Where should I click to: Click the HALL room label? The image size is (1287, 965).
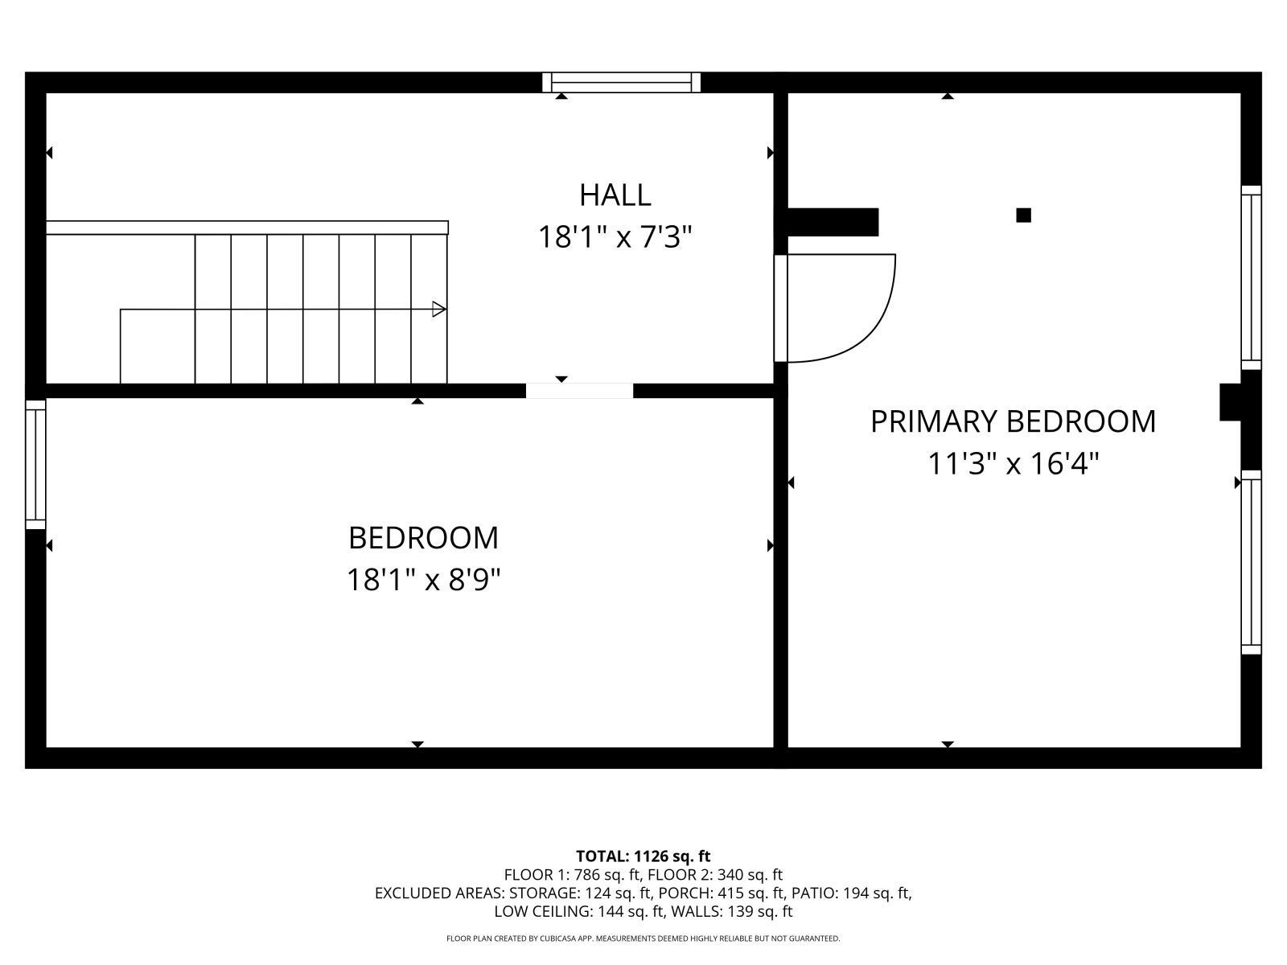click(615, 195)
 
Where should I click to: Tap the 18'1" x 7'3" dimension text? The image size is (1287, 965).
click(615, 238)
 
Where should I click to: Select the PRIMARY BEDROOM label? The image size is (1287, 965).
click(1013, 421)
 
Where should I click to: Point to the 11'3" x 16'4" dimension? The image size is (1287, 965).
click(1013, 464)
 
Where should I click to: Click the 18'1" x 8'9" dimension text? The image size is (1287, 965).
click(423, 580)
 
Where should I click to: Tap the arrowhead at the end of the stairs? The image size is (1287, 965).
click(438, 309)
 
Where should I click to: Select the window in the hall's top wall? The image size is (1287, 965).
click(621, 82)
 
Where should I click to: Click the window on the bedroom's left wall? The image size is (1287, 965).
click(35, 465)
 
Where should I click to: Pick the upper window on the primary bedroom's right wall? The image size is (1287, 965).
click(1251, 277)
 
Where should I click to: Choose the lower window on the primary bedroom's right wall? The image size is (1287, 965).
click(1251, 562)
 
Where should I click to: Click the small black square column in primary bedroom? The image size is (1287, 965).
click(1023, 215)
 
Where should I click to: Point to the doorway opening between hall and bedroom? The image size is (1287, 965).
click(579, 391)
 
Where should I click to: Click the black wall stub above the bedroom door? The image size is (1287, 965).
click(833, 222)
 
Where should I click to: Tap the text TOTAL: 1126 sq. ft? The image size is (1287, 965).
click(643, 856)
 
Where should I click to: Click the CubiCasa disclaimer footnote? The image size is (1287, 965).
click(643, 938)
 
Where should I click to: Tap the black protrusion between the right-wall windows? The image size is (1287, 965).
click(1231, 402)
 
